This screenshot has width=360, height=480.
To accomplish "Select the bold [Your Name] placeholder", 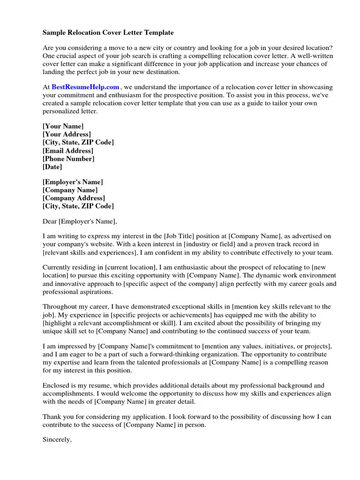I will pyautogui.click(x=63, y=127).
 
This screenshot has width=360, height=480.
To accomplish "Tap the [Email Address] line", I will pyautogui.click(x=68, y=150).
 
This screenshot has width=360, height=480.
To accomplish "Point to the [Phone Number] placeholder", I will pyautogui.click(x=68, y=158).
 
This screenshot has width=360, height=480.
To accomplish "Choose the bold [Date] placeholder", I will pyautogui.click(x=52, y=166).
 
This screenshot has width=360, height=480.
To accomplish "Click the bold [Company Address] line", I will pyautogui.click(x=74, y=198).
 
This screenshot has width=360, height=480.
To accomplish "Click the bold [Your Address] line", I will pyautogui.click(x=67, y=135).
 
